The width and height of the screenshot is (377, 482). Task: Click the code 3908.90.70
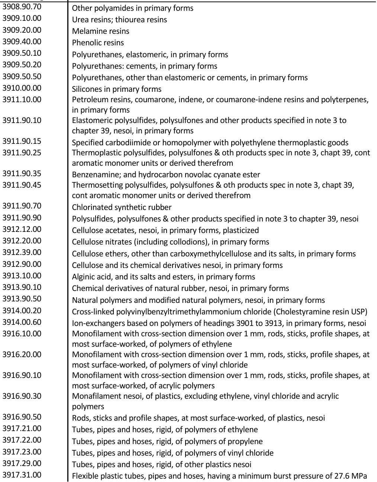point(22,6)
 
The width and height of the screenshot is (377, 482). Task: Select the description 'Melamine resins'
point(101,31)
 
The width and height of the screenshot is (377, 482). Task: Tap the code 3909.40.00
point(22,42)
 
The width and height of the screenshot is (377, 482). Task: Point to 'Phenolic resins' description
point(98,43)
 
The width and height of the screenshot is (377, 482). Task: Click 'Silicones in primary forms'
point(117,89)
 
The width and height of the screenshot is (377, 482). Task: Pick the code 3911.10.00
point(22,100)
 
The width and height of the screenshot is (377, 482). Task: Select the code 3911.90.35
point(22,174)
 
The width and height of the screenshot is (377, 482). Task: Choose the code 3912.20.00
point(22,241)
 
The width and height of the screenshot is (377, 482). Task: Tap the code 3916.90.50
point(22,417)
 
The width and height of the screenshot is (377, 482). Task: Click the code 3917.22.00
point(22,440)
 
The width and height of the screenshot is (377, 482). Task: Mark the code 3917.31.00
point(22,475)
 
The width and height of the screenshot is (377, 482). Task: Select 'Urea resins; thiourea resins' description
point(119,20)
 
